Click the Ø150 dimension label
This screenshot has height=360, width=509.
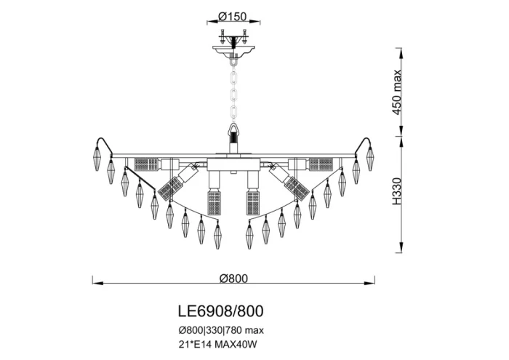[x=234, y=16]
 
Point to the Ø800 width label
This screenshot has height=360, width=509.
[x=234, y=277]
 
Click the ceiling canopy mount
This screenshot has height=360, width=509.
[x=233, y=49]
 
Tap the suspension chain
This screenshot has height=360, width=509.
[x=233, y=91]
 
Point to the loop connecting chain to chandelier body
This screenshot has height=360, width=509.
[x=233, y=132]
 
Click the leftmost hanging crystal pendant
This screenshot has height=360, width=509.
[x=95, y=156]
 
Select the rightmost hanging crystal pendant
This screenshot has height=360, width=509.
[x=371, y=156]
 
